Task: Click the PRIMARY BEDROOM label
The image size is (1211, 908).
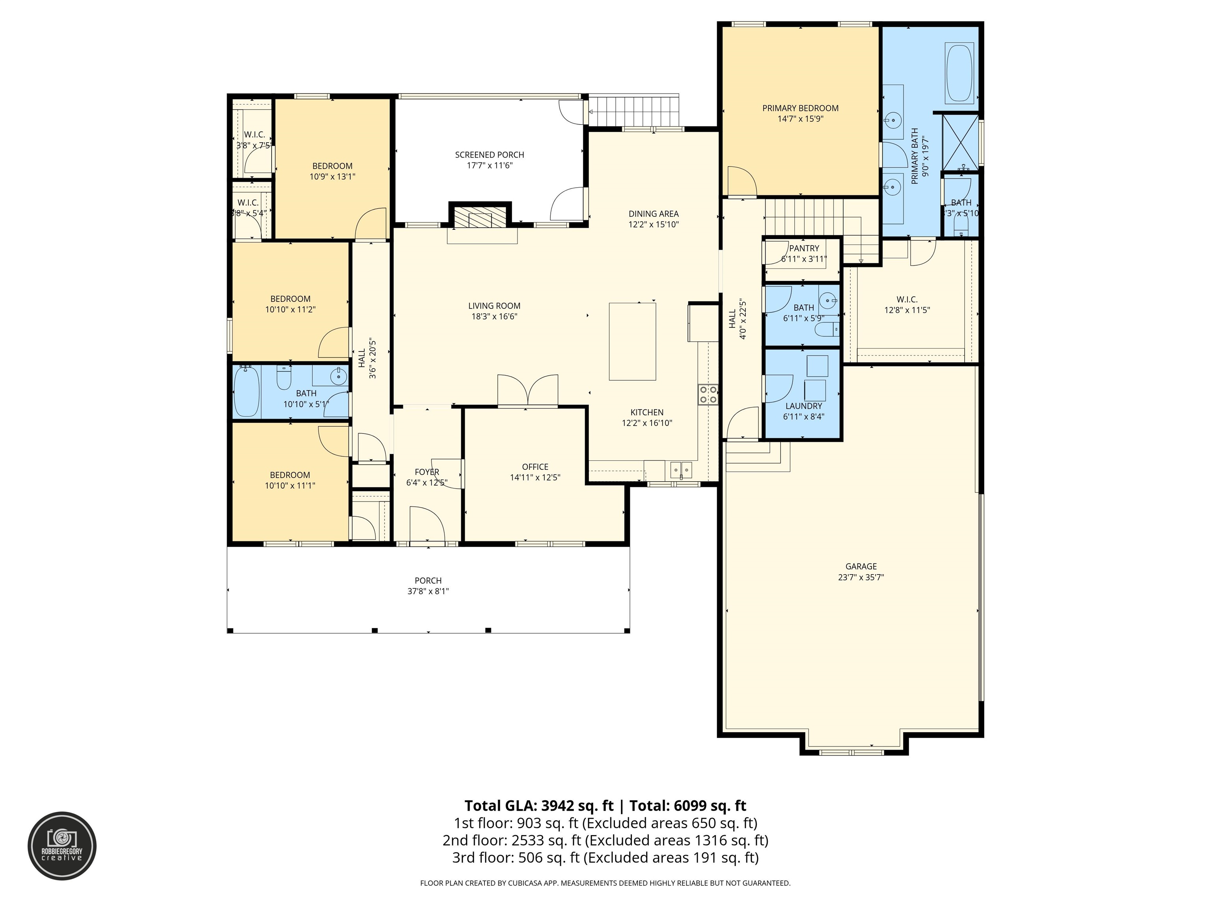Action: (x=800, y=108)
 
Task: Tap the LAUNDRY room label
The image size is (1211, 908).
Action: (x=803, y=406)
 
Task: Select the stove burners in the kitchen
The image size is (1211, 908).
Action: (x=708, y=394)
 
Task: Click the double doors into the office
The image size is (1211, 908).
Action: (x=527, y=391)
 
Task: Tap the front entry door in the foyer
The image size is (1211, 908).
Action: (x=427, y=525)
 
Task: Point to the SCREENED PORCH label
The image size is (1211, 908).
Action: (x=490, y=155)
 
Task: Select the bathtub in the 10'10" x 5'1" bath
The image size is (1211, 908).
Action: (x=246, y=391)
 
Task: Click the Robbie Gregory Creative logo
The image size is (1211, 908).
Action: (x=62, y=846)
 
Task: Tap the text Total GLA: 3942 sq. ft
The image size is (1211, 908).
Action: (x=539, y=806)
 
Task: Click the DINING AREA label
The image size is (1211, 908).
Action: (x=653, y=214)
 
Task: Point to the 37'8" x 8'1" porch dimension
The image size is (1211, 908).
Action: (x=428, y=591)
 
